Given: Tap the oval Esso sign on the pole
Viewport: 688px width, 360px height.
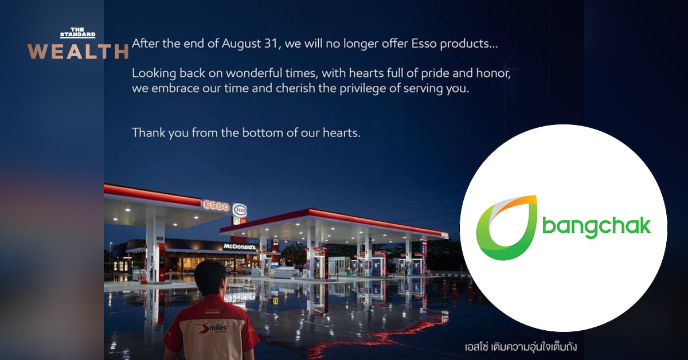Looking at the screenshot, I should coord(240,209).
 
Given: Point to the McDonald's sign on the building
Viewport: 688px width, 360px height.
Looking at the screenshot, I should coord(239,246).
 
